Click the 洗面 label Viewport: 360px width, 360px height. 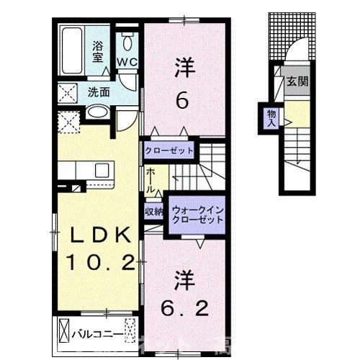tap(99, 92)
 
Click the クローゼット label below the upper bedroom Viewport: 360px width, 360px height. tap(169, 150)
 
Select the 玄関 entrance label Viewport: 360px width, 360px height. tap(298, 81)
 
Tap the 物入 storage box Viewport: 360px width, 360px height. tap(270, 117)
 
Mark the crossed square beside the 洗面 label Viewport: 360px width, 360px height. tap(71, 93)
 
